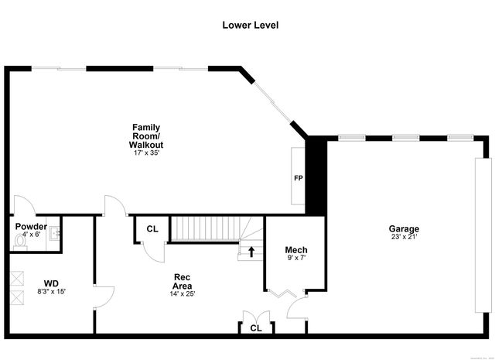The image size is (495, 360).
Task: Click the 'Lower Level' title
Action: [250, 25]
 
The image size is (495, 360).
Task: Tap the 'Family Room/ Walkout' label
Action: [147, 135]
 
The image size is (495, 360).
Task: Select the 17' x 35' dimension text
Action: [147, 153]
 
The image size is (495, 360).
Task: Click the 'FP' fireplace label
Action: [298, 178]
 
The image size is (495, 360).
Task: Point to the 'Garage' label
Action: [404, 228]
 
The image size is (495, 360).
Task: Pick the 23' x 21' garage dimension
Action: [404, 237]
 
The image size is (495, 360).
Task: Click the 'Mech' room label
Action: [296, 249]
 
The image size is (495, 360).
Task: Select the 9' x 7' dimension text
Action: [296, 258]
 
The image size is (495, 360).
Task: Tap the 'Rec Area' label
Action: [182, 282]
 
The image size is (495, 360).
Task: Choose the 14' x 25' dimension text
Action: [183, 293]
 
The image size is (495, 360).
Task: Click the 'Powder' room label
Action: [32, 226]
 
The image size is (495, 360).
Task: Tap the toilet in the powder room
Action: [20, 241]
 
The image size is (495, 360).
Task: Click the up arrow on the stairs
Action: [251, 251]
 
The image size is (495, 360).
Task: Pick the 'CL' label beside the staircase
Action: [152, 229]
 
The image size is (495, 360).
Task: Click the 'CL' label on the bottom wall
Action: [255, 328]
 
